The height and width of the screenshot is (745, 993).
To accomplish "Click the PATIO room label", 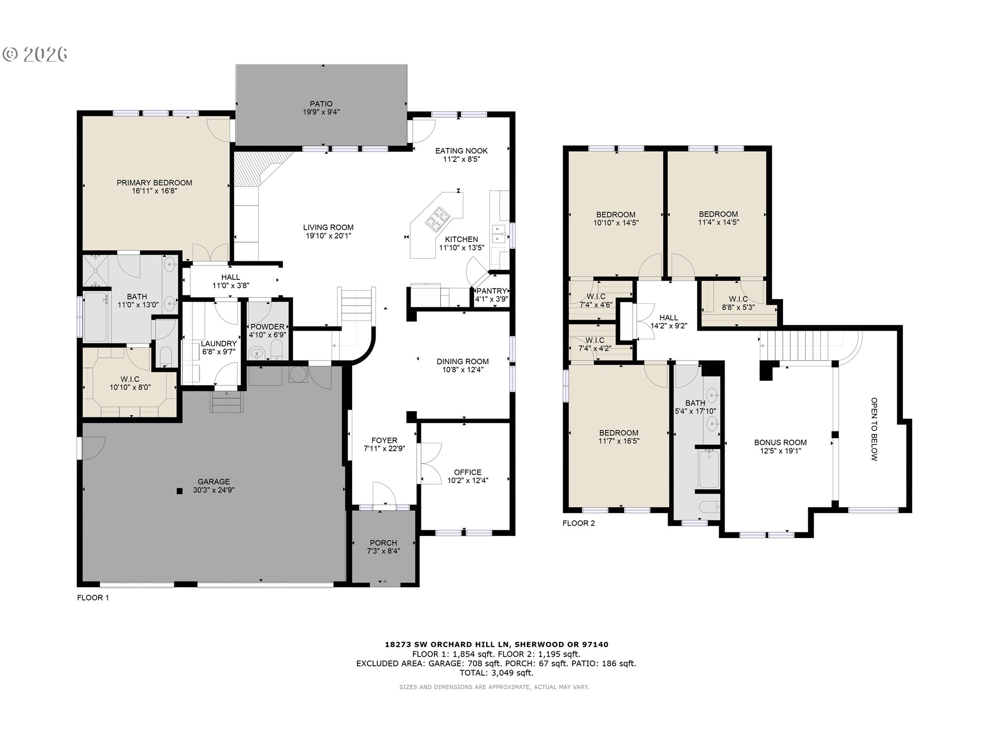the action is click(x=321, y=104).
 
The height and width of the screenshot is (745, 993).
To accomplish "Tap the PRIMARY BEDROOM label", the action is click(x=154, y=183).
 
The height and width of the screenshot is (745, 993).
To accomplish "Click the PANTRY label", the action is click(x=491, y=291).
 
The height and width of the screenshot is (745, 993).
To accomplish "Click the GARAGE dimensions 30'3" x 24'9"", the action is click(x=214, y=490).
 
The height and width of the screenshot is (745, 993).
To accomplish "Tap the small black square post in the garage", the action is click(x=179, y=491).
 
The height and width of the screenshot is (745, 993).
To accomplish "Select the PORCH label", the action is click(x=383, y=543).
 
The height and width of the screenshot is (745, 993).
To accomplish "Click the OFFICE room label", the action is click(x=468, y=472).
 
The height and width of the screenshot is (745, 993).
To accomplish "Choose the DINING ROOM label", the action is click(x=462, y=362).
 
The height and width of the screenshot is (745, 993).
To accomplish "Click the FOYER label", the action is click(x=384, y=441).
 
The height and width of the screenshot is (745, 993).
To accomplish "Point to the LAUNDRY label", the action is click(x=218, y=344).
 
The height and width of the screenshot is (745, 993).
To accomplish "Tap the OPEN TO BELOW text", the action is click(x=874, y=429).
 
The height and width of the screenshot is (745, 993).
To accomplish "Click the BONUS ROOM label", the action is click(x=780, y=442).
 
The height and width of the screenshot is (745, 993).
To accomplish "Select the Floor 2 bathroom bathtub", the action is click(x=709, y=469).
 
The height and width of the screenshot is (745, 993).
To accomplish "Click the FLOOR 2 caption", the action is click(x=579, y=523).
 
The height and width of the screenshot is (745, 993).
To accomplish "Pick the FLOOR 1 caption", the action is click(x=93, y=598).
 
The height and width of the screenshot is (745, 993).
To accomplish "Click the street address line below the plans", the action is click(x=496, y=645).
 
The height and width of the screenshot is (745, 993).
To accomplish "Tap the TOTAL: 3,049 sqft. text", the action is click(x=496, y=673).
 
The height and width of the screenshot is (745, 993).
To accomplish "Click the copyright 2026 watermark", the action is click(x=36, y=54).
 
